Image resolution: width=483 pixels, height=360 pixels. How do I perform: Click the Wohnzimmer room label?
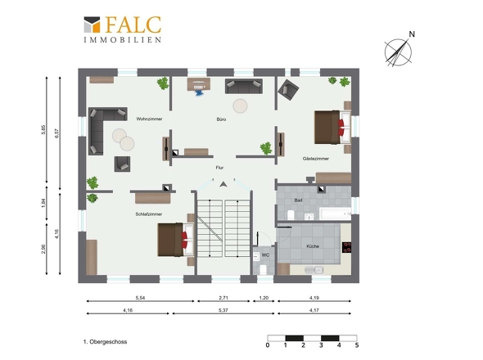click(149, 119)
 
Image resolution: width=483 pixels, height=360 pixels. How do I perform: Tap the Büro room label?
click(221, 119)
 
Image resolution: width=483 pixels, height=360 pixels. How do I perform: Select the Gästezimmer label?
click(316, 159)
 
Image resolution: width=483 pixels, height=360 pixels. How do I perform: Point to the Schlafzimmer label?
click(149, 214)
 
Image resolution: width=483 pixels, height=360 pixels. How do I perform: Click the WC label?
click(265, 255)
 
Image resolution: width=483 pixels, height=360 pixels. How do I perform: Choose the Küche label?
click(313, 246)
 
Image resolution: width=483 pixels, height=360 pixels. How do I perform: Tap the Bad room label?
click(298, 200)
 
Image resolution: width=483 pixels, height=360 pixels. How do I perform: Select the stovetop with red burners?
click(346, 247)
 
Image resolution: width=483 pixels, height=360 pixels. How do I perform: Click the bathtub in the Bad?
click(335, 214)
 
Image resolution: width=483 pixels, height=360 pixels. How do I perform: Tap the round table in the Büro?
click(240, 106)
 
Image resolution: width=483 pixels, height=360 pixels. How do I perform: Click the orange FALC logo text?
click(133, 25)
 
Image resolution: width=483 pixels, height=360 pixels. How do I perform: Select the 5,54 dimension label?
click(140, 298)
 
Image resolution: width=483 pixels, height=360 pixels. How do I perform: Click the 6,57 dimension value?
click(56, 133)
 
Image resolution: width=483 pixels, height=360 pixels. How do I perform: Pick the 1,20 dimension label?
click(264, 298)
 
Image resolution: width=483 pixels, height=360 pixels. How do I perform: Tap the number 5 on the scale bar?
click(357, 345)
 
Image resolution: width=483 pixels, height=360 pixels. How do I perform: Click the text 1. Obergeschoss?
click(105, 342)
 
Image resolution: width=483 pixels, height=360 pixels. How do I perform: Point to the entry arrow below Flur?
click(223, 184)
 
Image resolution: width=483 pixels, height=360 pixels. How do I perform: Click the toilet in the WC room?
click(263, 269)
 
